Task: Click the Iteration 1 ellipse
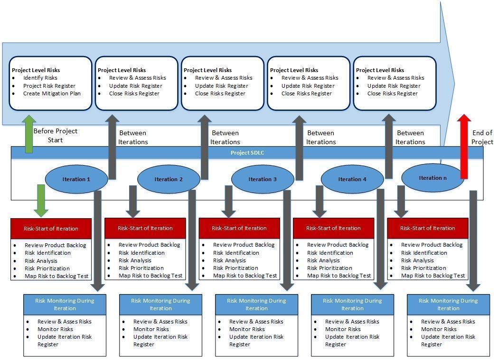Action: pos(76,179)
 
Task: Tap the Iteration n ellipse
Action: pos(432,178)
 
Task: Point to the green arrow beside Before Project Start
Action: pos(28,134)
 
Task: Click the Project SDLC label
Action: pos(247,152)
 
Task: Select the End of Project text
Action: pos(482,137)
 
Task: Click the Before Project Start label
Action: pos(55,135)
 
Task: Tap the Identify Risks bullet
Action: pos(40,78)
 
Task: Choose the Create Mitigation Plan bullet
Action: pos(52,93)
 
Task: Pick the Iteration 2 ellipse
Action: pos(169,179)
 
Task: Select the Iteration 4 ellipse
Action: pos(352,179)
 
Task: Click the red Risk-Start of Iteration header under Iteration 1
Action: pos(51,228)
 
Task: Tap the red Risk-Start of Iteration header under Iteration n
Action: pos(427,228)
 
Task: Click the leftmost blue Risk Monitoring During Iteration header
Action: pos(65,304)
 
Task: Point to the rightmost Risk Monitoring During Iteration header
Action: pos(448,304)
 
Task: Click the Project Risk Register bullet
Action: pos(49,86)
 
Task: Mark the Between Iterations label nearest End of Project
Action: pos(410,137)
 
